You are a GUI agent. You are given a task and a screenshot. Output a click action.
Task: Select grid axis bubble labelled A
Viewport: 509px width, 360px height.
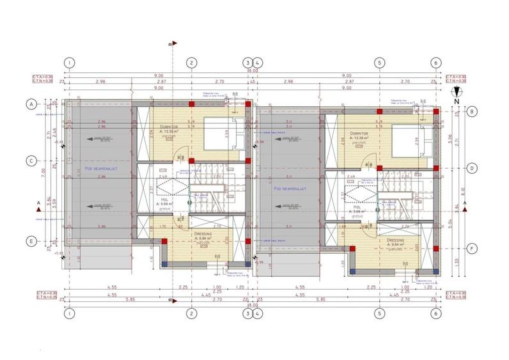point(29,104)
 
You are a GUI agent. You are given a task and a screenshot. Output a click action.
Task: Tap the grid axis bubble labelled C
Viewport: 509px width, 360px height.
point(29,161)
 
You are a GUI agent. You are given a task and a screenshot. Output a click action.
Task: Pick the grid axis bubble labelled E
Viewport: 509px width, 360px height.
point(29,241)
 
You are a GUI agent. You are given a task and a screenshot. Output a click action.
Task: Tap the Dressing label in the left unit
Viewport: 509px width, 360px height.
point(203,234)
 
